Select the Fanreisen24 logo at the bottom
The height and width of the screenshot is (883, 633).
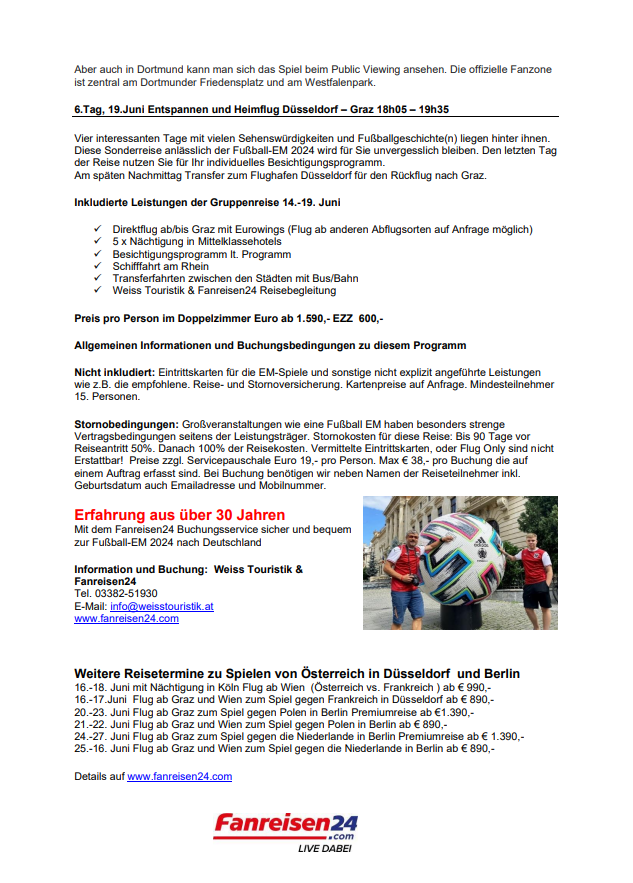click(285, 825)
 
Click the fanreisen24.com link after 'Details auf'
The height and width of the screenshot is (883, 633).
click(179, 776)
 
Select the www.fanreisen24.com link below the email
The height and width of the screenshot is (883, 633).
click(126, 619)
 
